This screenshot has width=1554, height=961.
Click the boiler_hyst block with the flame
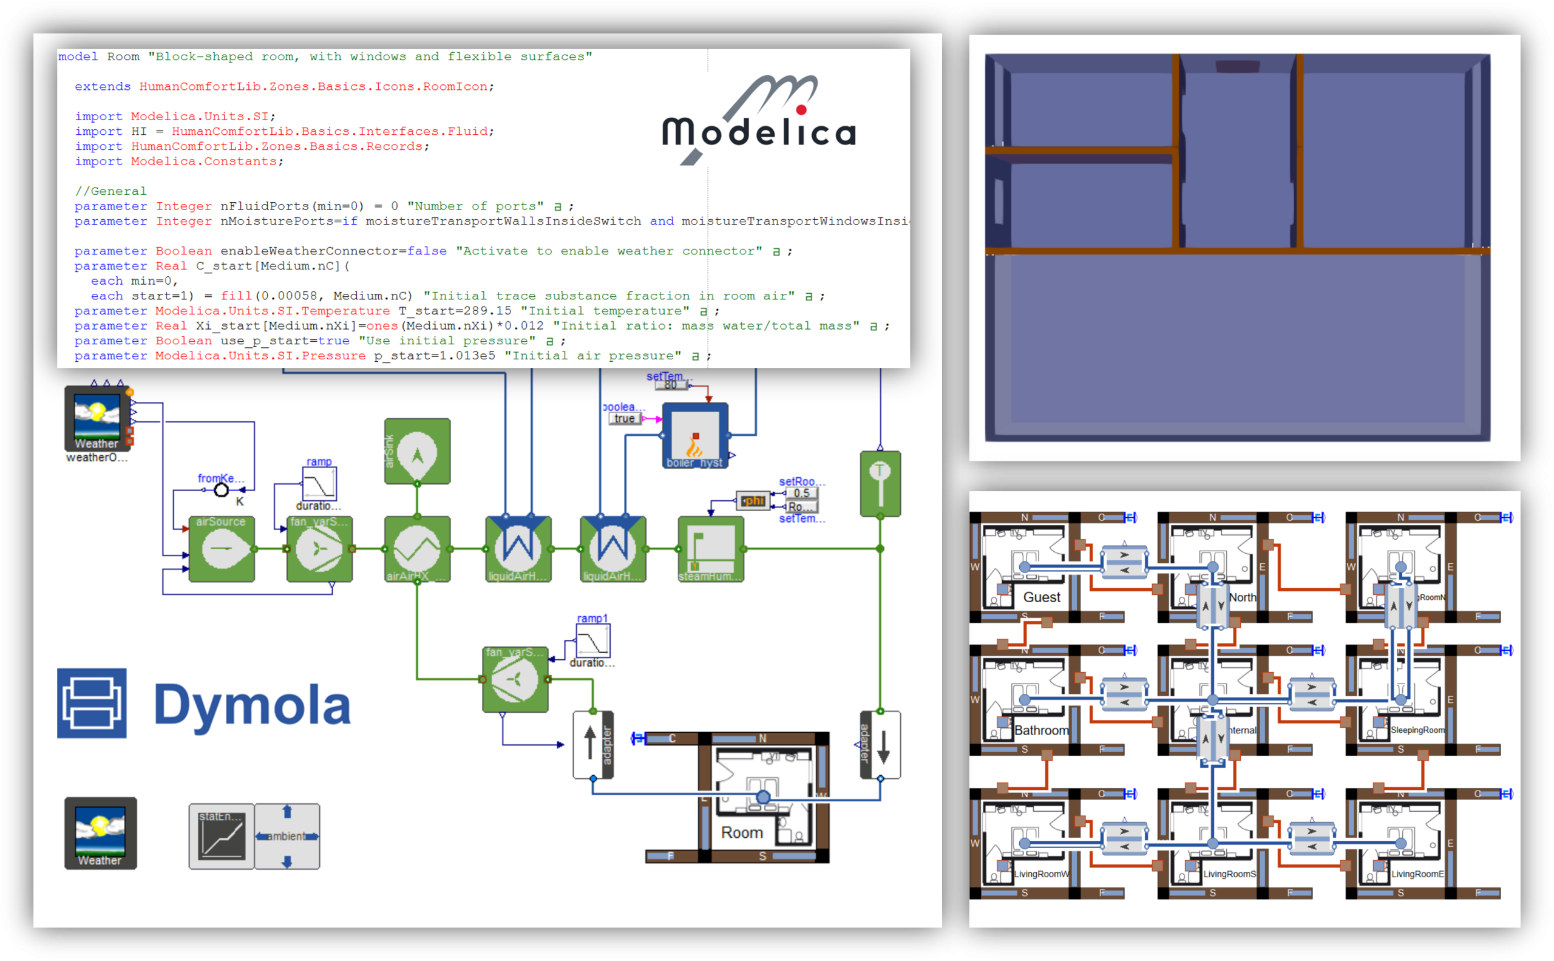coord(694,435)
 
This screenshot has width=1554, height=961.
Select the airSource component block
coord(221,549)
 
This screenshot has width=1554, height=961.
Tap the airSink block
coord(417,451)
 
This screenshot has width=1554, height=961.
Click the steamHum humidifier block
coord(711,549)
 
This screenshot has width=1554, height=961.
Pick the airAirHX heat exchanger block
coord(417,549)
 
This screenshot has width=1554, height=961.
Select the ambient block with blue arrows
coord(287,836)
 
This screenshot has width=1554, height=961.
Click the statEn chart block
coord(221,836)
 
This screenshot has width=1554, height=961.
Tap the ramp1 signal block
coord(592,640)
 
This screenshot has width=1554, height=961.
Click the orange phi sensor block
coord(753,501)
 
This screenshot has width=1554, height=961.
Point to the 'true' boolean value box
coord(624,418)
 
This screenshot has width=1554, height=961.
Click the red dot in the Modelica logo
coord(801,110)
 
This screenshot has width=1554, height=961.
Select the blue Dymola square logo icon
coord(92,703)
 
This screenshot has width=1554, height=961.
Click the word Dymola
coord(253,705)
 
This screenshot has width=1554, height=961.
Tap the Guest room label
coord(1042,597)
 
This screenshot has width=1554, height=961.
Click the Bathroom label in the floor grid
coord(1041,730)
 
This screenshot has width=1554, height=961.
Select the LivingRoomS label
coord(1229,874)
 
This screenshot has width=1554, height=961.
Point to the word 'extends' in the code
coord(103,86)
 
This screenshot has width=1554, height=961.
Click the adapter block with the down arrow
coord(880,744)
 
